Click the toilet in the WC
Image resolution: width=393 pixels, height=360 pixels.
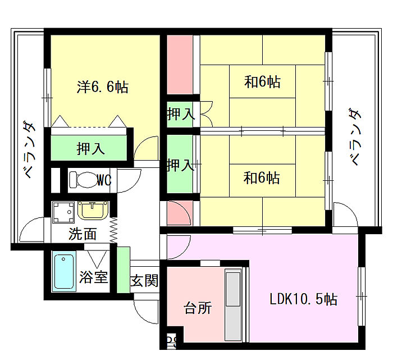83,180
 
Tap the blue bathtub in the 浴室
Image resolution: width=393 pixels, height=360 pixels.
64,272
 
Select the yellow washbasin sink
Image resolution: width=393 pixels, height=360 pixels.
93,210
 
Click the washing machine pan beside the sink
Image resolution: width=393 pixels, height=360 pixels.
63,212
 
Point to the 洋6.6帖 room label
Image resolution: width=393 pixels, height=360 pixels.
103,87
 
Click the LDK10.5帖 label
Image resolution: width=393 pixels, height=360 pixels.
303,299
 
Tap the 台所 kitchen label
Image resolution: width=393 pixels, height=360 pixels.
198,308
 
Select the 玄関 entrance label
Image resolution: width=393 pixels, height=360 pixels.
144,280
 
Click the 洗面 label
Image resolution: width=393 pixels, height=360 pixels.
83,234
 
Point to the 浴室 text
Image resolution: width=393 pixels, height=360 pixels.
94,277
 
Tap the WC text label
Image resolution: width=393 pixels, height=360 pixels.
104,180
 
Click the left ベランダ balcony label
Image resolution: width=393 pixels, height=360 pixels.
29,149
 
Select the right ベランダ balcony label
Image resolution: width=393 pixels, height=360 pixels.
355,136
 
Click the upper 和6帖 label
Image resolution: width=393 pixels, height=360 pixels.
262,81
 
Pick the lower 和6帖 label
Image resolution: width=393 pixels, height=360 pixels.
262,177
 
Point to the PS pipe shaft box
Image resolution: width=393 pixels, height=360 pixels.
172,340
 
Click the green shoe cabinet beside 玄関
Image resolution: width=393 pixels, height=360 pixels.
124,270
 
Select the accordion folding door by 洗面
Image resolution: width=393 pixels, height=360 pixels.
113,230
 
